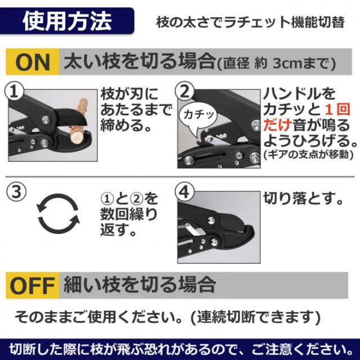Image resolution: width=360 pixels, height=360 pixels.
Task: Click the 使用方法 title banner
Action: pyautogui.click(x=67, y=21)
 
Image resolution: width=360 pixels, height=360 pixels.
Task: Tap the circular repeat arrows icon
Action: pyautogui.click(x=56, y=214)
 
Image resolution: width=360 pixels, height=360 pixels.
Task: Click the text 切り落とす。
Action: pyautogui.click(x=304, y=198)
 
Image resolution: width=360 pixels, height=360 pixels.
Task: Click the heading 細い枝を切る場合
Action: pyautogui.click(x=139, y=284)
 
